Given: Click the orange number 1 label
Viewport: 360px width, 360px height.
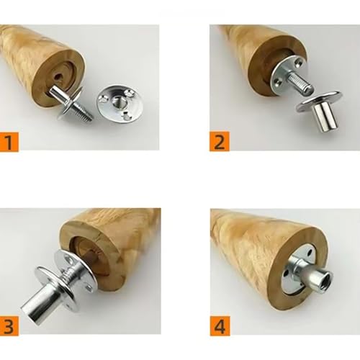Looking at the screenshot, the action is click(9, 142).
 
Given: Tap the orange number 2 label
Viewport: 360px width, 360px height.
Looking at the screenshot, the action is click(220, 141).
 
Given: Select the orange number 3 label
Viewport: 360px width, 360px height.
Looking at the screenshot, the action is click(9, 326).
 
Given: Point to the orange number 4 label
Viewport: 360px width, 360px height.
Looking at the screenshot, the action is click(220, 326).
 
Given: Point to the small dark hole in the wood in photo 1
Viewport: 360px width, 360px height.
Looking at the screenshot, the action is click(58, 77).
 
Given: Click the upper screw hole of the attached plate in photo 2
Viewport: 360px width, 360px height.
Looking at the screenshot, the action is click(299, 63).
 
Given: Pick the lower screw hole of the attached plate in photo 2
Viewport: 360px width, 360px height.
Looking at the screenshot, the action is click(279, 84).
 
